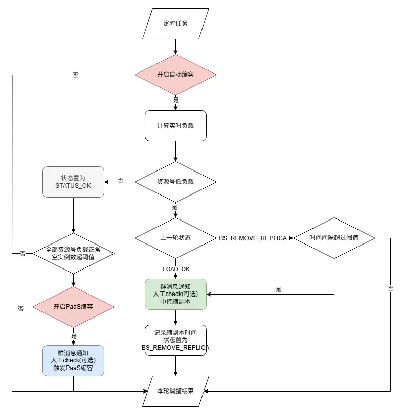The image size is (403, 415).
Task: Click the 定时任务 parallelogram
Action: (175, 23)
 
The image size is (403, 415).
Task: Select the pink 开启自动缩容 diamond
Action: (175, 75)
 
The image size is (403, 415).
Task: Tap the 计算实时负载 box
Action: (175, 126)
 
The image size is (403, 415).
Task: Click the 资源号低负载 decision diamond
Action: (175, 181)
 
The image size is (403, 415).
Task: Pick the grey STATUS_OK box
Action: (73, 182)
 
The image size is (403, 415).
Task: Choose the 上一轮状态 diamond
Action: (175, 238)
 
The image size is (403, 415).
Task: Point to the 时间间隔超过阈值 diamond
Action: (334, 238)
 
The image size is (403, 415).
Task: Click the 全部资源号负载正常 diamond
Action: (73, 253)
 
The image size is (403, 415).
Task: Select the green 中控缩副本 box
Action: (175, 294)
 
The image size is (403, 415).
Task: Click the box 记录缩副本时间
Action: (175, 340)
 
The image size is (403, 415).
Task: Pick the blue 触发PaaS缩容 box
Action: (73, 360)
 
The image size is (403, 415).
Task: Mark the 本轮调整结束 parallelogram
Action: (175, 391)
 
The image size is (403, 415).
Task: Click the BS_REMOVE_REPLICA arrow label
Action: (253, 238)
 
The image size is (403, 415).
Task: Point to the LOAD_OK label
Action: (175, 268)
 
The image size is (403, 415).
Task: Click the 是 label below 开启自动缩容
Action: (176, 100)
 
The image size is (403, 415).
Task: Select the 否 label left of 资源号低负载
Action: (120, 181)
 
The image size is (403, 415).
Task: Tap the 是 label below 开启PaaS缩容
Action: (74, 336)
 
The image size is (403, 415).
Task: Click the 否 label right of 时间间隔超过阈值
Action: (390, 289)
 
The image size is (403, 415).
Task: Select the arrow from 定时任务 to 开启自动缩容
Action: (175, 47)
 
